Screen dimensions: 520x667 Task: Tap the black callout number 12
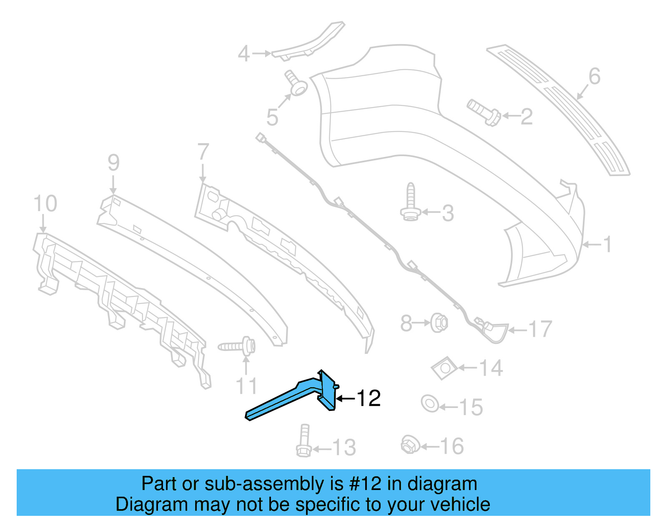[x=369, y=398]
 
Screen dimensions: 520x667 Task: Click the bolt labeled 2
[x=484, y=111]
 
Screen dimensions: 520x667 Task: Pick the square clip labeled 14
[x=444, y=368]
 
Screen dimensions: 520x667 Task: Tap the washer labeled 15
[x=430, y=403]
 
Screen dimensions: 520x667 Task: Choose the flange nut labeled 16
[x=410, y=444]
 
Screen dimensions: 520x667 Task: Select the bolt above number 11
[x=238, y=346]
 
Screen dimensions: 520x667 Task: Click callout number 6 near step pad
[x=594, y=77]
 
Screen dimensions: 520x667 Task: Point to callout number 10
[x=45, y=204]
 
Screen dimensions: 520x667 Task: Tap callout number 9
[x=113, y=162]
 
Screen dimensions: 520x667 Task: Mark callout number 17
[x=540, y=329]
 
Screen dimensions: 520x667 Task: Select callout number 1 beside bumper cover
[x=607, y=244]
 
